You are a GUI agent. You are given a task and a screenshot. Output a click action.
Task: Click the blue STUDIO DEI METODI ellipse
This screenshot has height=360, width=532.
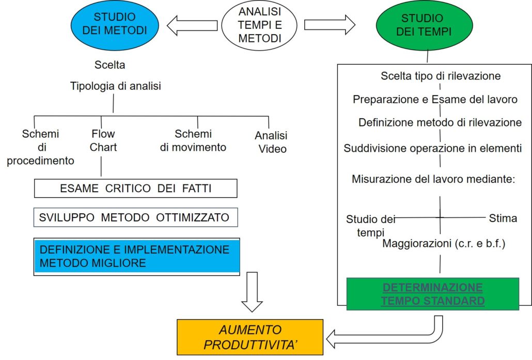coord(115,24)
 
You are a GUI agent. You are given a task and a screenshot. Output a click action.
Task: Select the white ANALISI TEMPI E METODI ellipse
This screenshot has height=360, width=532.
coord(260,24)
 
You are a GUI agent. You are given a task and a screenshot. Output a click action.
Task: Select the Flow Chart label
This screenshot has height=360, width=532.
coord(103,141)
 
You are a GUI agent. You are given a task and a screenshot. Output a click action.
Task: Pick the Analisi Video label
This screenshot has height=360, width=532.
coord(271,142)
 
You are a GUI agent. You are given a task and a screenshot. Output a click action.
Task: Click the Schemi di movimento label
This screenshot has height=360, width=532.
coord(193,140)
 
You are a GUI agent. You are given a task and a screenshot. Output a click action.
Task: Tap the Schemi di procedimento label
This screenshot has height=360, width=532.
coord(40,147)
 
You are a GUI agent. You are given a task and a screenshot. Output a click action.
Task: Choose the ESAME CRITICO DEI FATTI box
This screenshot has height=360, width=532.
coord(135,189)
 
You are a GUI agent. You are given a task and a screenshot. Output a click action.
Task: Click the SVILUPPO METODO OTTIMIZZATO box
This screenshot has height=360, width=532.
coord(135,217)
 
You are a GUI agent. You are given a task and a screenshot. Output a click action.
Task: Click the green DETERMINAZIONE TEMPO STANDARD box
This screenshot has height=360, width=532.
coord(432,294)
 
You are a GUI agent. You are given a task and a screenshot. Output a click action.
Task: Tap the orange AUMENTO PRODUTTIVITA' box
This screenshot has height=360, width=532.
coord(250,337)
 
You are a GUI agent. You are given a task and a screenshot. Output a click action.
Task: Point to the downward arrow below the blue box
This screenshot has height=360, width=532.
coord(252,292)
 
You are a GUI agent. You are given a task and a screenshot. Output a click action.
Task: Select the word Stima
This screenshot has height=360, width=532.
coord(503,218)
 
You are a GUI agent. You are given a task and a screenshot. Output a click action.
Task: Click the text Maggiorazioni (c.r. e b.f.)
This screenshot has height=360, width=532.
coord(443,244)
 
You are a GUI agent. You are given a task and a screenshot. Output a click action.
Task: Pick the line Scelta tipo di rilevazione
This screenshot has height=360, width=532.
coord(441,76)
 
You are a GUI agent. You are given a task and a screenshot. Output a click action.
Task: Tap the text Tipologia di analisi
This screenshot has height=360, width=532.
coord(116,86)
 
